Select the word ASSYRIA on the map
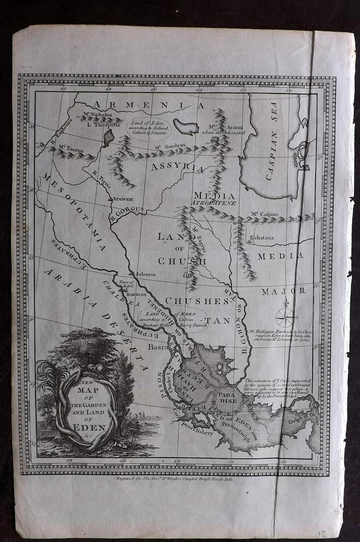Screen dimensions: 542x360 click(178, 168)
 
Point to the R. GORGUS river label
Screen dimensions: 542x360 click(127, 210)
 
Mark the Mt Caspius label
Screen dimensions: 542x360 click(265, 214)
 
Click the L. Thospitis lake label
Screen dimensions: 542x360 click(103, 125)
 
